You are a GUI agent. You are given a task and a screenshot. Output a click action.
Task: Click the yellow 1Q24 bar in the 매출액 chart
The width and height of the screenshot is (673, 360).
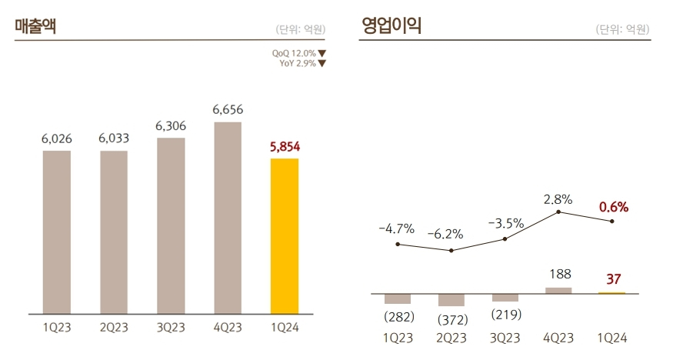(x=285, y=236)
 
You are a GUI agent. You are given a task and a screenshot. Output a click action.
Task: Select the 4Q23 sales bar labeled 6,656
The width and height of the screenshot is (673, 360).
(x=228, y=218)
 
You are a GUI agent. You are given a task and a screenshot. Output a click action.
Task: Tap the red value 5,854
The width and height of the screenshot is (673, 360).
(x=285, y=146)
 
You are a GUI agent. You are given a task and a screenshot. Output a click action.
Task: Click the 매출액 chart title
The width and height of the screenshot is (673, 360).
(x=35, y=27)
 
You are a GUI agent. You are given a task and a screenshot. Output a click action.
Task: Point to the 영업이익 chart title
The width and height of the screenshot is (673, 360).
(x=391, y=27)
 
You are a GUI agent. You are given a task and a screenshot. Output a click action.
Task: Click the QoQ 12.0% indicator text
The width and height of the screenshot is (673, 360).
(x=294, y=53)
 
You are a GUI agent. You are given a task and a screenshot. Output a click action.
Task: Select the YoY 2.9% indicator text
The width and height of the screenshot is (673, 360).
(x=298, y=63)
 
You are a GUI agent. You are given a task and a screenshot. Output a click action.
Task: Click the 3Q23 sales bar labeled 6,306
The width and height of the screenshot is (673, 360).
(x=171, y=225)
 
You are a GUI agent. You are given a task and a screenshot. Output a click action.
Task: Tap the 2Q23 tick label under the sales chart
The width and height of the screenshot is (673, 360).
(x=114, y=327)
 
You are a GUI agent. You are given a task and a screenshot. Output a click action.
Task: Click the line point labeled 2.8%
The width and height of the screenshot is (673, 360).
(x=558, y=212)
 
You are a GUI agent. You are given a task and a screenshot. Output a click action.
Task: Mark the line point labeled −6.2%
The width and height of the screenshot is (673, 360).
(x=451, y=251)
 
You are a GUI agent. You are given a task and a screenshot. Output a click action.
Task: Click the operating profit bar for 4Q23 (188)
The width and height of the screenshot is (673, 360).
(x=558, y=290)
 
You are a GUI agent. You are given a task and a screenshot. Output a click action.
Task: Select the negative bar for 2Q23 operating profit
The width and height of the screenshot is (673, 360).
(x=451, y=300)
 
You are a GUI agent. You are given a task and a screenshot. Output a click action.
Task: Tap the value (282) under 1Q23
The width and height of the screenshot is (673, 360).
(x=398, y=316)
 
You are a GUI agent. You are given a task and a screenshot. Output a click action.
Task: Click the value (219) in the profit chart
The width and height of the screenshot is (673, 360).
(x=505, y=315)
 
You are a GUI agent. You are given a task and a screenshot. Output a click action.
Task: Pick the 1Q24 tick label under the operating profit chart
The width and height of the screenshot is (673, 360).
(x=612, y=338)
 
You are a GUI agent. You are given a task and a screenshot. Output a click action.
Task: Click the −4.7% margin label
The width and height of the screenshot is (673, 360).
(x=397, y=228)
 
